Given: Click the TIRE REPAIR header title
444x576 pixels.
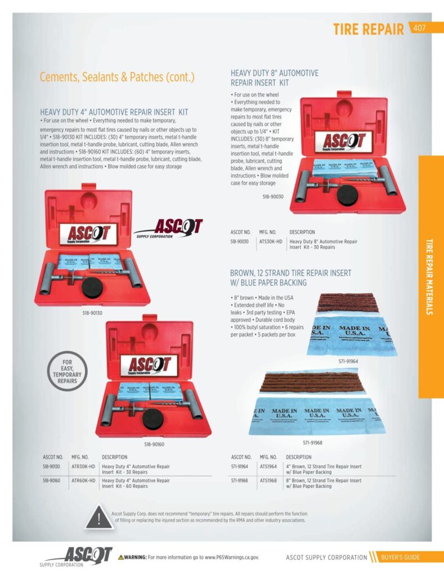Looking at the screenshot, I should click(x=368, y=29).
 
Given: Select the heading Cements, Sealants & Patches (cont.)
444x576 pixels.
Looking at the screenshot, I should click(x=117, y=77).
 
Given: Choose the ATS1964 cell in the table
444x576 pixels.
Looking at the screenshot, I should click(x=269, y=466).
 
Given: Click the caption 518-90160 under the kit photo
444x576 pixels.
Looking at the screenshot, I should click(x=154, y=444).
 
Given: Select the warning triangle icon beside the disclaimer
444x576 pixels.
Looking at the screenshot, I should click(x=99, y=517).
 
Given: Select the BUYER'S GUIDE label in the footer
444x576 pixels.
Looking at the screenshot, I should click(x=400, y=557).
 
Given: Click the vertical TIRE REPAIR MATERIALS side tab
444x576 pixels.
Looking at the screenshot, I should click(x=430, y=276).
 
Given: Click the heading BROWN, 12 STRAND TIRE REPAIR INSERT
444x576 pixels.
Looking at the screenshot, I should click(x=290, y=273).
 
